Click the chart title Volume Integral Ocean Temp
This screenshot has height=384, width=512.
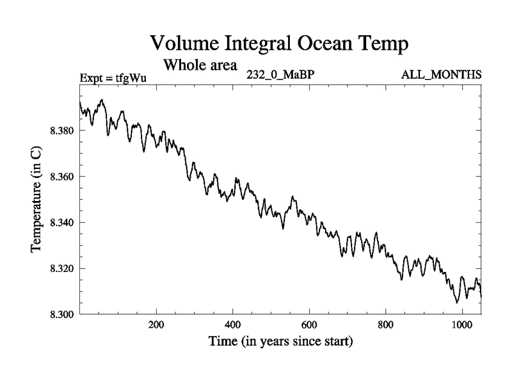[x=279, y=44]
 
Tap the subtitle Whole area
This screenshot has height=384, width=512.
[x=200, y=65]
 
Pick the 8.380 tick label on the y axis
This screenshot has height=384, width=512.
[x=62, y=131]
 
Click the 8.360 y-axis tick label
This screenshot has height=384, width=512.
[x=62, y=177]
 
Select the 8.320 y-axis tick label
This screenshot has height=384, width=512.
[x=62, y=268]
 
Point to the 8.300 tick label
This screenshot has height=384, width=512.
[x=62, y=314]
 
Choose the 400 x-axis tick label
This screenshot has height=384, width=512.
[x=232, y=324]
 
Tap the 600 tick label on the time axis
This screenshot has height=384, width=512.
[x=309, y=324]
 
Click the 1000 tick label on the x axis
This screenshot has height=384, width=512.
[x=462, y=324]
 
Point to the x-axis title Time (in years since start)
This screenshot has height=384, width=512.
[x=280, y=342]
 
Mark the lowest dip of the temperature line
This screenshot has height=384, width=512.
[x=457, y=302]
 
